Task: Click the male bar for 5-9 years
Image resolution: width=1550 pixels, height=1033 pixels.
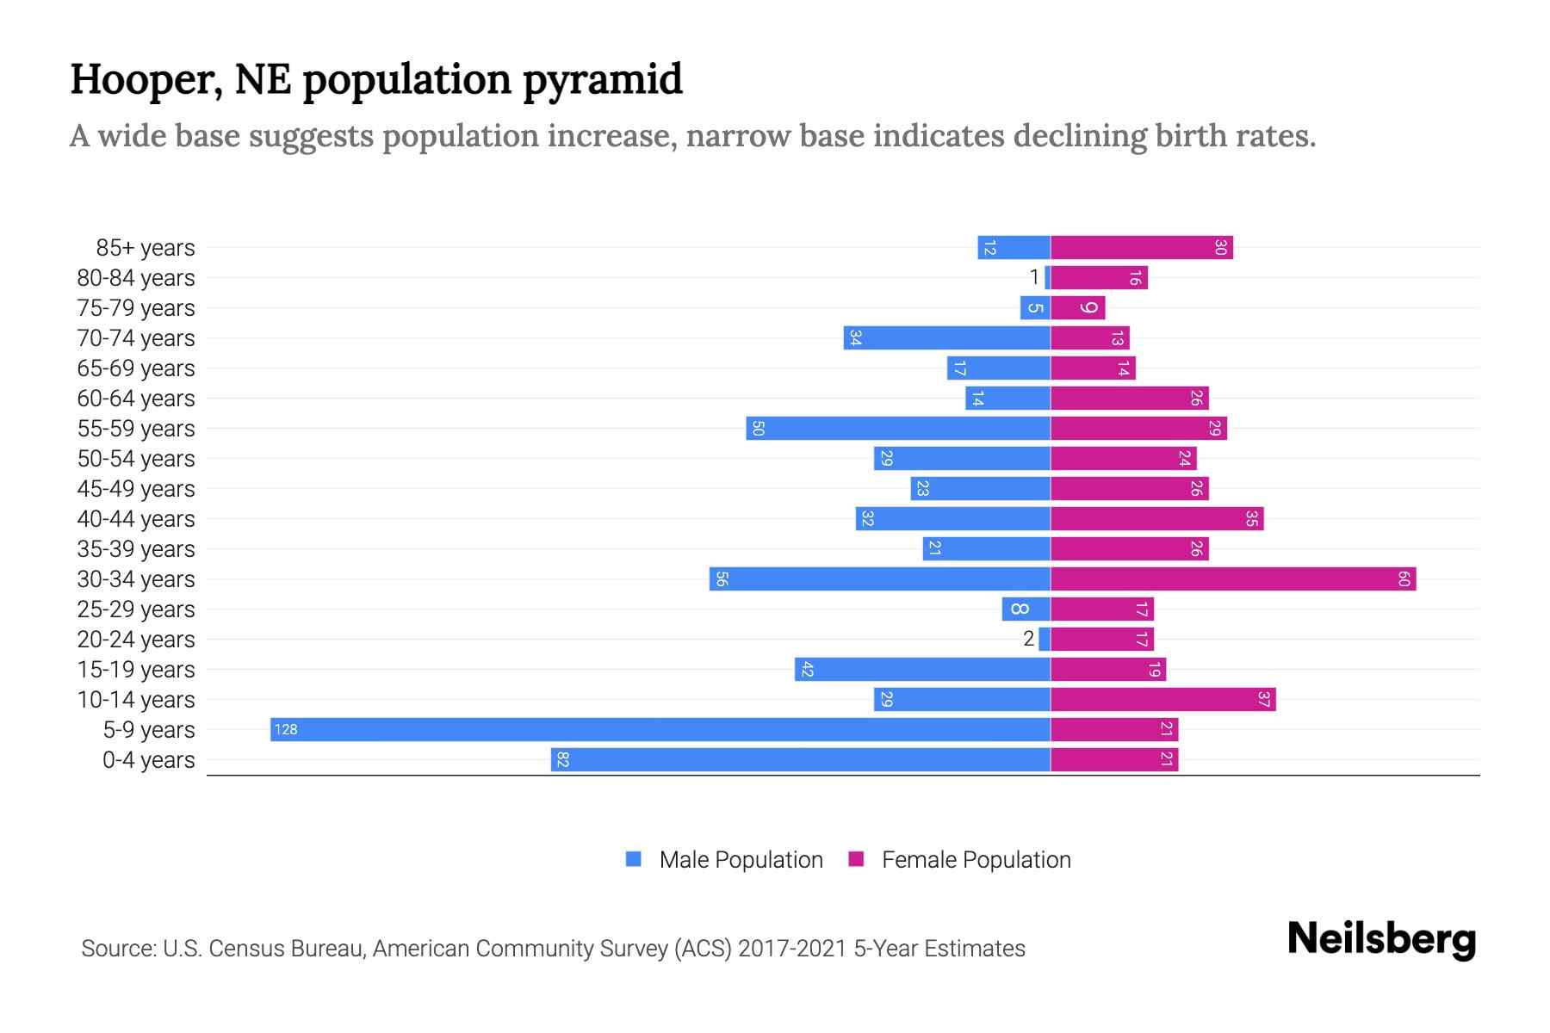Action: coord(660,730)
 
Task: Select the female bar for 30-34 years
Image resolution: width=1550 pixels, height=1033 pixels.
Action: coord(1233,579)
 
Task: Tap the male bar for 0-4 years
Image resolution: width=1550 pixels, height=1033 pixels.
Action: coord(801,760)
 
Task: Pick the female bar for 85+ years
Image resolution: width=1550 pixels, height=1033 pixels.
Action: coord(1142,248)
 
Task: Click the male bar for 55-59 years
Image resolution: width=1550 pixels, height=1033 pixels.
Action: coord(898,429)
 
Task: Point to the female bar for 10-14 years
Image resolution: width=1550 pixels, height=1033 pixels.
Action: coord(1162,700)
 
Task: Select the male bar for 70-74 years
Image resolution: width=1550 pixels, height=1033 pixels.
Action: coord(947,338)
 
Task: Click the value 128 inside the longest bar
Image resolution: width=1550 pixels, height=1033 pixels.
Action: coord(286,730)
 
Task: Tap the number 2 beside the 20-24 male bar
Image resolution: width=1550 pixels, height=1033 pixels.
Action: coord(1028,640)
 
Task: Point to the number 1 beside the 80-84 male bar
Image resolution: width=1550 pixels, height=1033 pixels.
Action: coord(1034,278)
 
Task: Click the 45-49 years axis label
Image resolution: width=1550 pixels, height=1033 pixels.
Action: coord(136,489)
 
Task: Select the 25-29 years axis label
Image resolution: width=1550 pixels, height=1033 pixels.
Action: coord(136,609)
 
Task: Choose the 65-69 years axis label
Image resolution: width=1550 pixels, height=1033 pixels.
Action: coord(136,368)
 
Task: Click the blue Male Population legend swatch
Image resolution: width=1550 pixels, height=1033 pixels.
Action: coord(634,859)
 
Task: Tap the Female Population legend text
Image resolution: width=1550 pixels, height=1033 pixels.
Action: coord(976,860)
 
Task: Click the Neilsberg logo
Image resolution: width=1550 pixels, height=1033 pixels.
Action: coord(1381,939)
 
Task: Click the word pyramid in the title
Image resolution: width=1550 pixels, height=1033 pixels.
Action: coord(602,80)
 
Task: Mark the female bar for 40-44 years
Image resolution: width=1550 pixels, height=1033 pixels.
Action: coord(1156,519)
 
